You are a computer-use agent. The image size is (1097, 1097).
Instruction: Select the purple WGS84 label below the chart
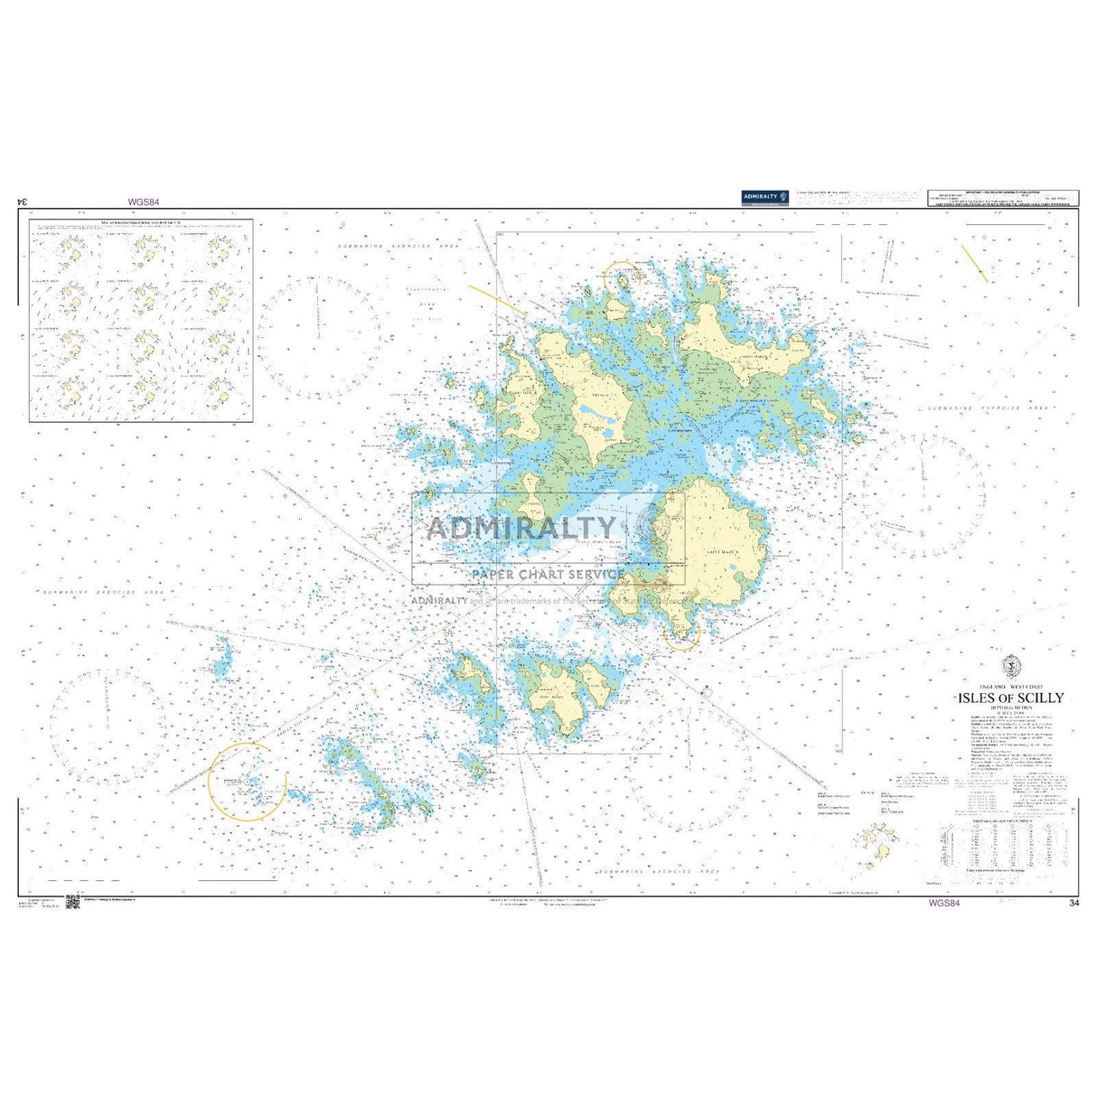pyautogui.click(x=942, y=902)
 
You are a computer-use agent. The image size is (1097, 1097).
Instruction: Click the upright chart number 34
pyautogui.click(x=1074, y=903)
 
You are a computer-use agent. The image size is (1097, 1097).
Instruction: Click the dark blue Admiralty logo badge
pyautogui.click(x=764, y=196)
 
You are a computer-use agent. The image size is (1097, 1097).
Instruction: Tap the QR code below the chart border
pyautogui.click(x=73, y=902)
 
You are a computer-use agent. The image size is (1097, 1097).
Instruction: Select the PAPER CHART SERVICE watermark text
pyautogui.click(x=547, y=573)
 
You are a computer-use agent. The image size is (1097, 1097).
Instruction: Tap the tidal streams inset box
pyautogui.click(x=141, y=319)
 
